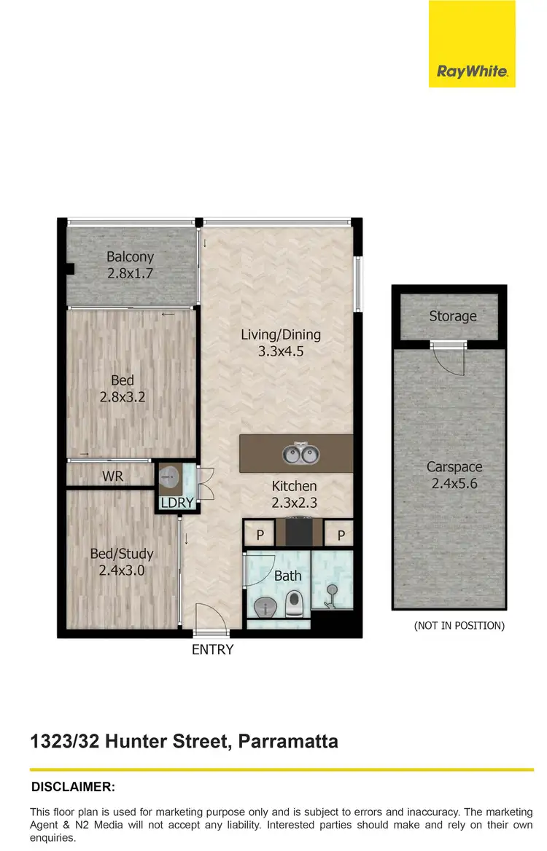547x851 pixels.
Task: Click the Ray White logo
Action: [472, 71]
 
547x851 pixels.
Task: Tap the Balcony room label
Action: [131, 256]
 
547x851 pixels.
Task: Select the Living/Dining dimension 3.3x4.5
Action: [281, 351]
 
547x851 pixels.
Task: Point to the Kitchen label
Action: [294, 486]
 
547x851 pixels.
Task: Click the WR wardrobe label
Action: [113, 477]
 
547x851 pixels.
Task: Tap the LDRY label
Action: [177, 503]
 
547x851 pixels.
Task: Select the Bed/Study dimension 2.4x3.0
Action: [122, 570]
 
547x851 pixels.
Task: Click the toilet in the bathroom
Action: [295, 602]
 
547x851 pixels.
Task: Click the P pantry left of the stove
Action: [259, 536]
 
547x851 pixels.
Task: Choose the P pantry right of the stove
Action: [340, 536]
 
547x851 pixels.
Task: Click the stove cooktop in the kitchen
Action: [299, 531]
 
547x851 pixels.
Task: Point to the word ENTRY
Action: [212, 649]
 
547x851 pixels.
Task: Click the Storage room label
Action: [452, 316]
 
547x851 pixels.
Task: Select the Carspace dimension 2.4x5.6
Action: [454, 482]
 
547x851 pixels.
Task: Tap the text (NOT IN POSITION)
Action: [459, 625]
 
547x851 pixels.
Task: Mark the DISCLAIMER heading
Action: [73, 787]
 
